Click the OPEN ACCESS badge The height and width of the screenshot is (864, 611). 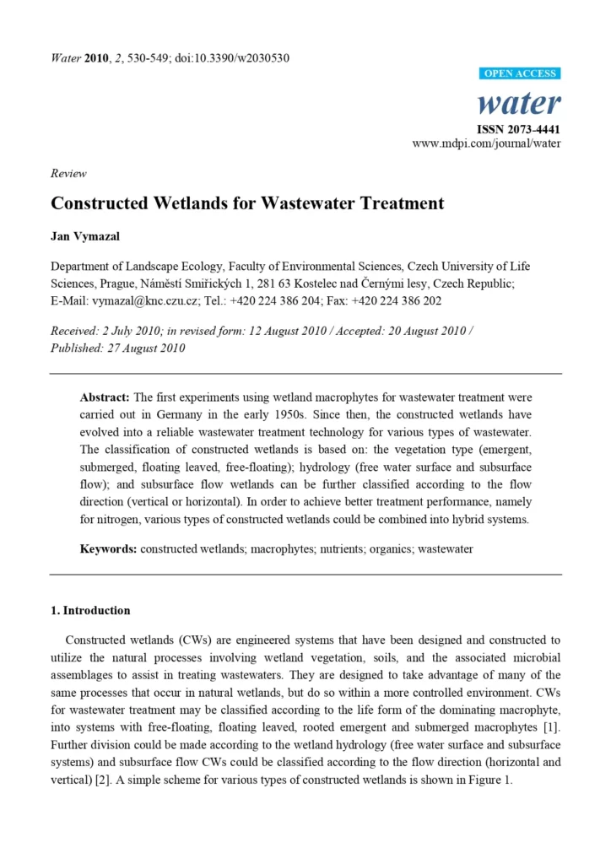click(521, 73)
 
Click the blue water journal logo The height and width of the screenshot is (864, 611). click(519, 103)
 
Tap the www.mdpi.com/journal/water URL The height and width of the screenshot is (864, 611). click(486, 143)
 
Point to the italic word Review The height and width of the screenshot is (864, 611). click(68, 173)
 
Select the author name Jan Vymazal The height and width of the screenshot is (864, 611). click(85, 237)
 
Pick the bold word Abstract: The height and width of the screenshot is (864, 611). click(105, 397)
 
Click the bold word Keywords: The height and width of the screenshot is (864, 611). click(108, 549)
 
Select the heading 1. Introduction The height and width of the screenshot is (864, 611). click(90, 610)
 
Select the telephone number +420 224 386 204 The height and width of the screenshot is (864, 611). click(281, 300)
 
